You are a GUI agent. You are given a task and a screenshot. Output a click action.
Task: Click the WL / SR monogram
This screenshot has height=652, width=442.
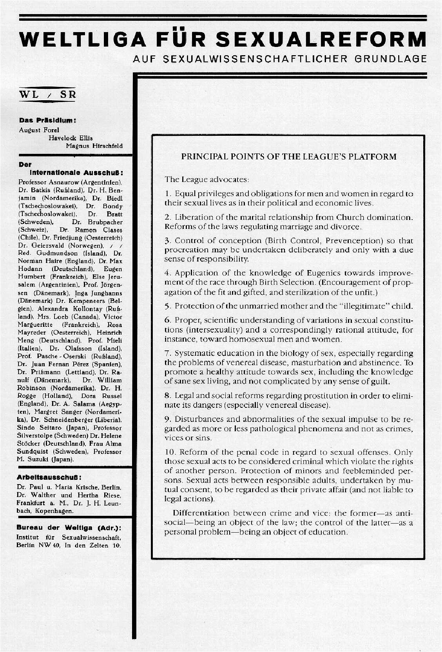point(48,95)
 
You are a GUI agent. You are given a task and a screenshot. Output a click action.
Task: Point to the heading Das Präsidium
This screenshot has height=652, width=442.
point(47,121)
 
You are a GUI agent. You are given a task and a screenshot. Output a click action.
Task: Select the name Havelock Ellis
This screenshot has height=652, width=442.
point(71,138)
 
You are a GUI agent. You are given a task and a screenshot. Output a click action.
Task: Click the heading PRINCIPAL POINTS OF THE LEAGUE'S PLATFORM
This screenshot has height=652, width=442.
point(289,157)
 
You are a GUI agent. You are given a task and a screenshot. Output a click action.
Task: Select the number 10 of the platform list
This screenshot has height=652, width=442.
point(169,452)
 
